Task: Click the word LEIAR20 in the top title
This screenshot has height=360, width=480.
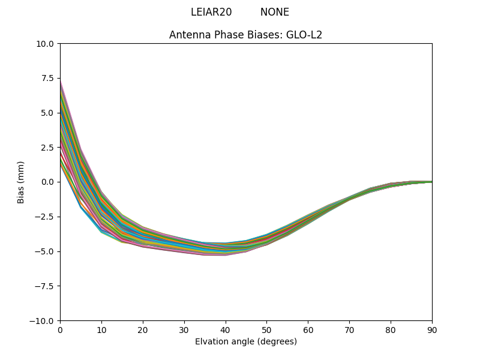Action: coord(211,12)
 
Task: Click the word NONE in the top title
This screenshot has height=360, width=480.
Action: coord(274,12)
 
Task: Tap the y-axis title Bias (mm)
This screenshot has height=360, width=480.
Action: coord(21,182)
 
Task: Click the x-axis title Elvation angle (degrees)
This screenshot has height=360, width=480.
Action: coord(246,341)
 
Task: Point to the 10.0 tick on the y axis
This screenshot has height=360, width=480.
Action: coord(47,44)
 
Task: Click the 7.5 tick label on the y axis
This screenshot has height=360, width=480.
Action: coord(49,78)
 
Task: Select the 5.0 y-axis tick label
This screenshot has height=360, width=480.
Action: coord(49,113)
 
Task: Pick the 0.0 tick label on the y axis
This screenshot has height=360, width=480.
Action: coord(49,182)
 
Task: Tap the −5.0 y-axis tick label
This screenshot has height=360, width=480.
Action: coord(46,251)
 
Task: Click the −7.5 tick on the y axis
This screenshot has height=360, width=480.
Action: coord(46,286)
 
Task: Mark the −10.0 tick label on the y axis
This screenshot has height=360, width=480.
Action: coord(44,320)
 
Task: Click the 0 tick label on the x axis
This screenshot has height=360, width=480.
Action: coord(60,329)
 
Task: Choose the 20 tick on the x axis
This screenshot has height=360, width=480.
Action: coord(143,329)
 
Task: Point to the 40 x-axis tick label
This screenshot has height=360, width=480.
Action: coord(226,329)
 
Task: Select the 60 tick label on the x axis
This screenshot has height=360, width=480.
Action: coord(308,329)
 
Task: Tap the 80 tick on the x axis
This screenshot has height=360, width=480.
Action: coord(391,329)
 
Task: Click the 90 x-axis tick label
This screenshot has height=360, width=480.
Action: coord(432,329)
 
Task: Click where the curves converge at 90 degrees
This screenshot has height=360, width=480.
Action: coord(431,182)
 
